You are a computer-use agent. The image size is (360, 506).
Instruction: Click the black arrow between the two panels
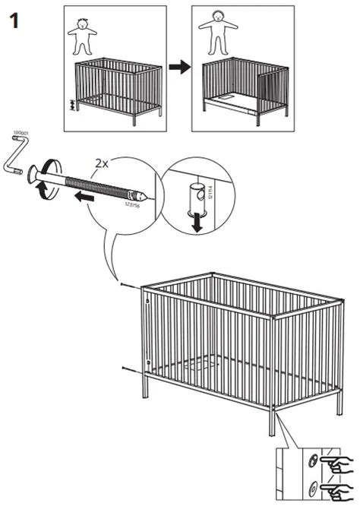178,68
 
